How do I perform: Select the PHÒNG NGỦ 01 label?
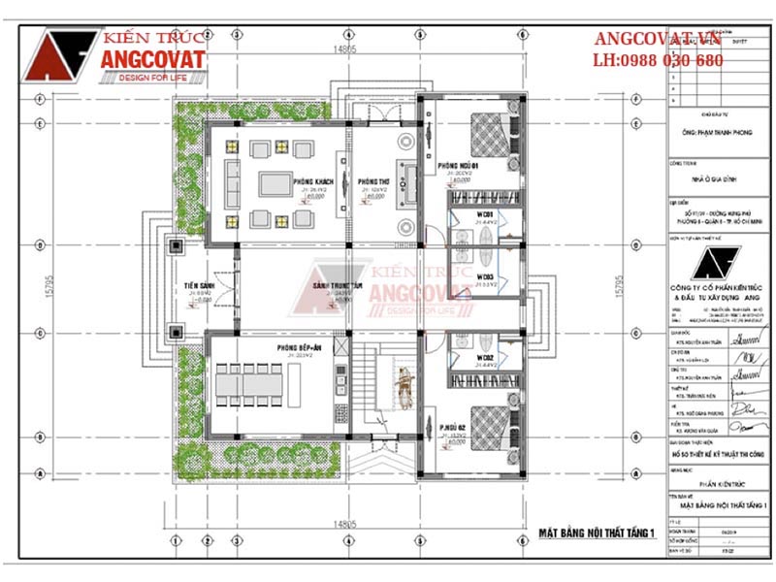[x=457, y=165]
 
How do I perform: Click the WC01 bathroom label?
[x=486, y=213]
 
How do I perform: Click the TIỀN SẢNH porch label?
[x=203, y=286]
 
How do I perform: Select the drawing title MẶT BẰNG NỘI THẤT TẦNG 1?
[x=597, y=533]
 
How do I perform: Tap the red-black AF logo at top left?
[x=58, y=55]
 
